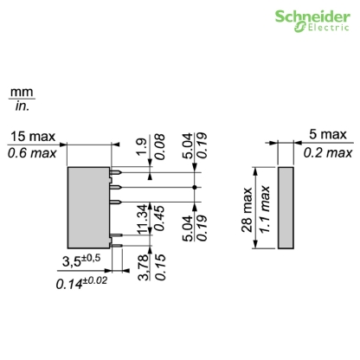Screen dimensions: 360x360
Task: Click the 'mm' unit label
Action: point(20,91)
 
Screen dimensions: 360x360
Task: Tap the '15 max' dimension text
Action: point(32,137)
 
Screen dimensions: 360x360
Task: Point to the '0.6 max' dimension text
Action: point(32,153)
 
